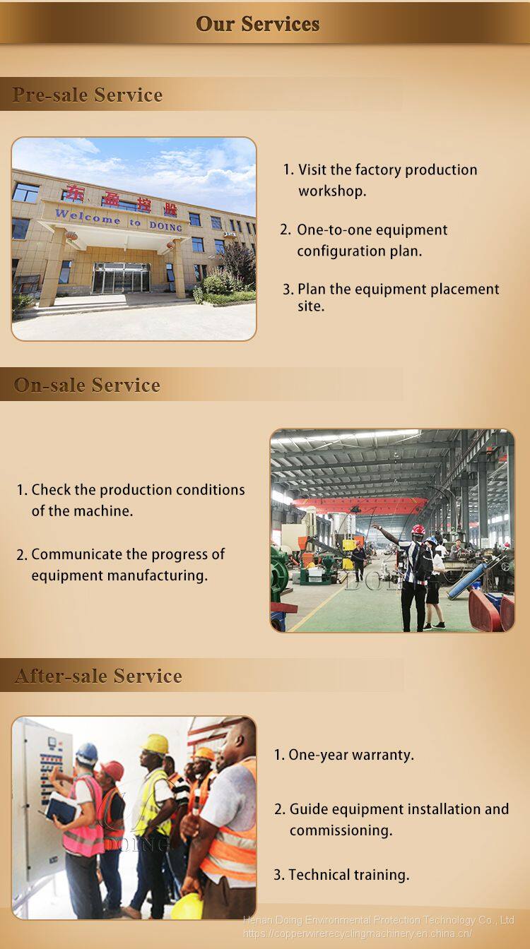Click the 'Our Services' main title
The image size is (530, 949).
click(x=258, y=24)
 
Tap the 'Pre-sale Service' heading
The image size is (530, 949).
click(x=88, y=95)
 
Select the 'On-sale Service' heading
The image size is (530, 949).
click(x=87, y=385)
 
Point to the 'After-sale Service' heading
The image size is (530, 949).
click(x=98, y=675)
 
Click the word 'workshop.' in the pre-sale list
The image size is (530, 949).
click(x=332, y=191)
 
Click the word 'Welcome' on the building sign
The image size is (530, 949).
click(x=88, y=217)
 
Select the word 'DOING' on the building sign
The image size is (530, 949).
click(x=166, y=226)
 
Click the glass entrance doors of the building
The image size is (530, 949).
click(x=122, y=278)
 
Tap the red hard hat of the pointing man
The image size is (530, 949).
click(x=418, y=530)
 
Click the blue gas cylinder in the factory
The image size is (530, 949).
click(x=467, y=580)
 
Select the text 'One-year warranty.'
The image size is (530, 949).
click(x=344, y=755)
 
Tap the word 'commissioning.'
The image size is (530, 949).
click(x=341, y=830)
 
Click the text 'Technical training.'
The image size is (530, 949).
click(x=341, y=874)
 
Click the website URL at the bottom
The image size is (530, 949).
click(x=358, y=933)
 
